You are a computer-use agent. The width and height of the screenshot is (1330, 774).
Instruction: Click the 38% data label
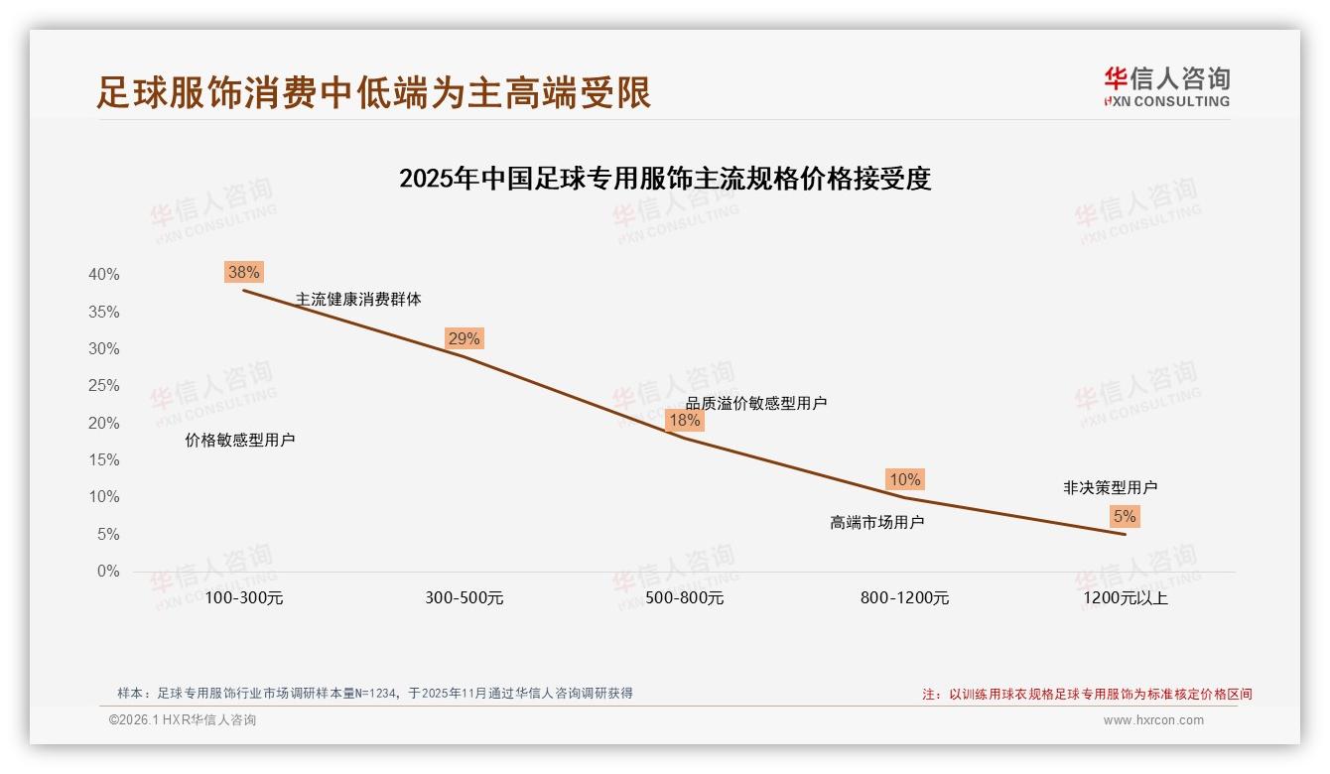[x=243, y=272]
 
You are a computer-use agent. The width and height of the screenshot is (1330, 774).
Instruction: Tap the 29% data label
[x=464, y=338]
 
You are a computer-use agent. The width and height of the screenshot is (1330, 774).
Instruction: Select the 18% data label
[x=684, y=420]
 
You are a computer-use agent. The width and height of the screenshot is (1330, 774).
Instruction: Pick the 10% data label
[x=904, y=479]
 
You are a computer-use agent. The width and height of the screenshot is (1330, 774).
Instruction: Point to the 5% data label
[x=1125, y=516]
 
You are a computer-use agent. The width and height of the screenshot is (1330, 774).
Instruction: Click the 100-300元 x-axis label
[x=244, y=598]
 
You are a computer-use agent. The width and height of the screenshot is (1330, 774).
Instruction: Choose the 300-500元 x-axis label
[x=465, y=598]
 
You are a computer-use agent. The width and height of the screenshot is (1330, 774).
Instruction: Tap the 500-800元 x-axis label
[x=685, y=598]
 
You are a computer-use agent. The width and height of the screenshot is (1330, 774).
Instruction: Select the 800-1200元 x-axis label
[x=905, y=598]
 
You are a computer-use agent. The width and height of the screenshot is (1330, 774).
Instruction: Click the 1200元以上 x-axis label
[x=1126, y=598]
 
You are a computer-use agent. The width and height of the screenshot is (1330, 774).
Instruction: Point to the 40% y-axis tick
[x=103, y=275]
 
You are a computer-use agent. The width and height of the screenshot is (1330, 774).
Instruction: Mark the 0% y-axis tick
[x=108, y=572]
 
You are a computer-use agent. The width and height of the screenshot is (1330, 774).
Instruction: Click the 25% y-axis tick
[x=103, y=386]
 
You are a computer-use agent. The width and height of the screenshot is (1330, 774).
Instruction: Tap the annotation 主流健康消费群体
[x=358, y=299]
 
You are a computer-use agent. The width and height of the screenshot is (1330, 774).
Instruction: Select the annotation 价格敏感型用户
[x=240, y=441]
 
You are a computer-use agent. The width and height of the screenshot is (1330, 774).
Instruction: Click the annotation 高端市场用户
[x=877, y=522]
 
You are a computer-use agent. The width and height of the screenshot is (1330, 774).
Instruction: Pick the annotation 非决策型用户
[x=1110, y=488]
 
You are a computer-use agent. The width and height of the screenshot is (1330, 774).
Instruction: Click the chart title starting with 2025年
[x=665, y=179]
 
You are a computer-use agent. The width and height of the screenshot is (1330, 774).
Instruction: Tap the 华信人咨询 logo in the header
[x=1166, y=85]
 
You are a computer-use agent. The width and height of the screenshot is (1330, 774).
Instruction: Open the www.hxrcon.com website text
[x=1153, y=720]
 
